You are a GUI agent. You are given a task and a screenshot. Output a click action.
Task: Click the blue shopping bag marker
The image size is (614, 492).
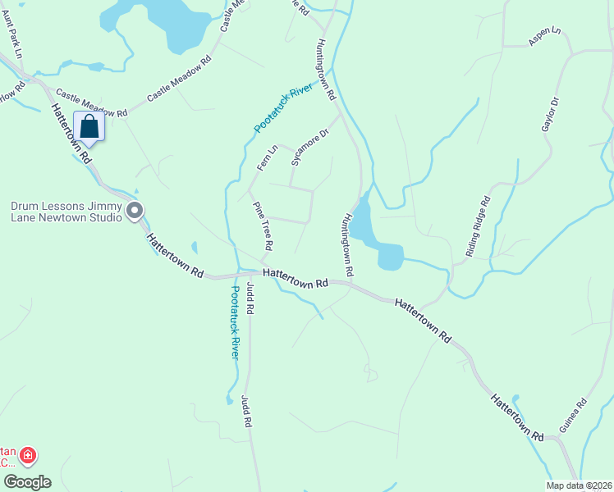[89, 128]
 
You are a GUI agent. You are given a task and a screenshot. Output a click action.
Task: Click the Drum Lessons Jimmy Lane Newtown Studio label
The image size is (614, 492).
[66, 212]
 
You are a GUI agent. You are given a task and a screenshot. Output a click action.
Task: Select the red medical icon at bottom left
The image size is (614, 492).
[27, 453]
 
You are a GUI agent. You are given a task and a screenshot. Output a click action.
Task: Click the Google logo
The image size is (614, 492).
[26, 481]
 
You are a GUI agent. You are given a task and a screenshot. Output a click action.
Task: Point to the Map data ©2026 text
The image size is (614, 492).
[580, 485]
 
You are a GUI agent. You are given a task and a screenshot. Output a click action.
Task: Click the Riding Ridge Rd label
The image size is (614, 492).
[477, 227]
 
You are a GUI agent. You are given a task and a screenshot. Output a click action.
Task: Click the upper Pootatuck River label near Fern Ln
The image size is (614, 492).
[284, 107]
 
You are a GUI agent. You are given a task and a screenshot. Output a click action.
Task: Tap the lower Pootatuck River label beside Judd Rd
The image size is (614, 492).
[234, 322]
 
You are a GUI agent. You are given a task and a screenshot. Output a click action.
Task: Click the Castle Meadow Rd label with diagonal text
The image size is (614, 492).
[179, 79]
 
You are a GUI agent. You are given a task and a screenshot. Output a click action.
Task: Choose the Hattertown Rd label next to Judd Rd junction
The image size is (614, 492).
[296, 276]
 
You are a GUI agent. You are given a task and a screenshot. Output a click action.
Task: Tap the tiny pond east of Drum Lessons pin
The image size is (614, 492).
[194, 247]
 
